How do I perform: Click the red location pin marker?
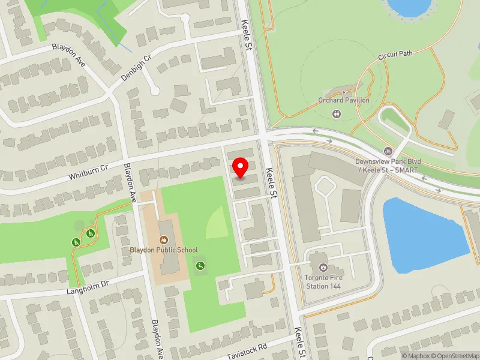(x=241, y=168)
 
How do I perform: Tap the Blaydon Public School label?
(x=164, y=250)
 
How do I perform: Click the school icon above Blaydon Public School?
(x=164, y=239)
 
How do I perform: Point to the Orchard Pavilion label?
(x=344, y=100)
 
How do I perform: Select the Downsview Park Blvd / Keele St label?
(x=386, y=166)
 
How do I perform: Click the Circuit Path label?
(x=395, y=55)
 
